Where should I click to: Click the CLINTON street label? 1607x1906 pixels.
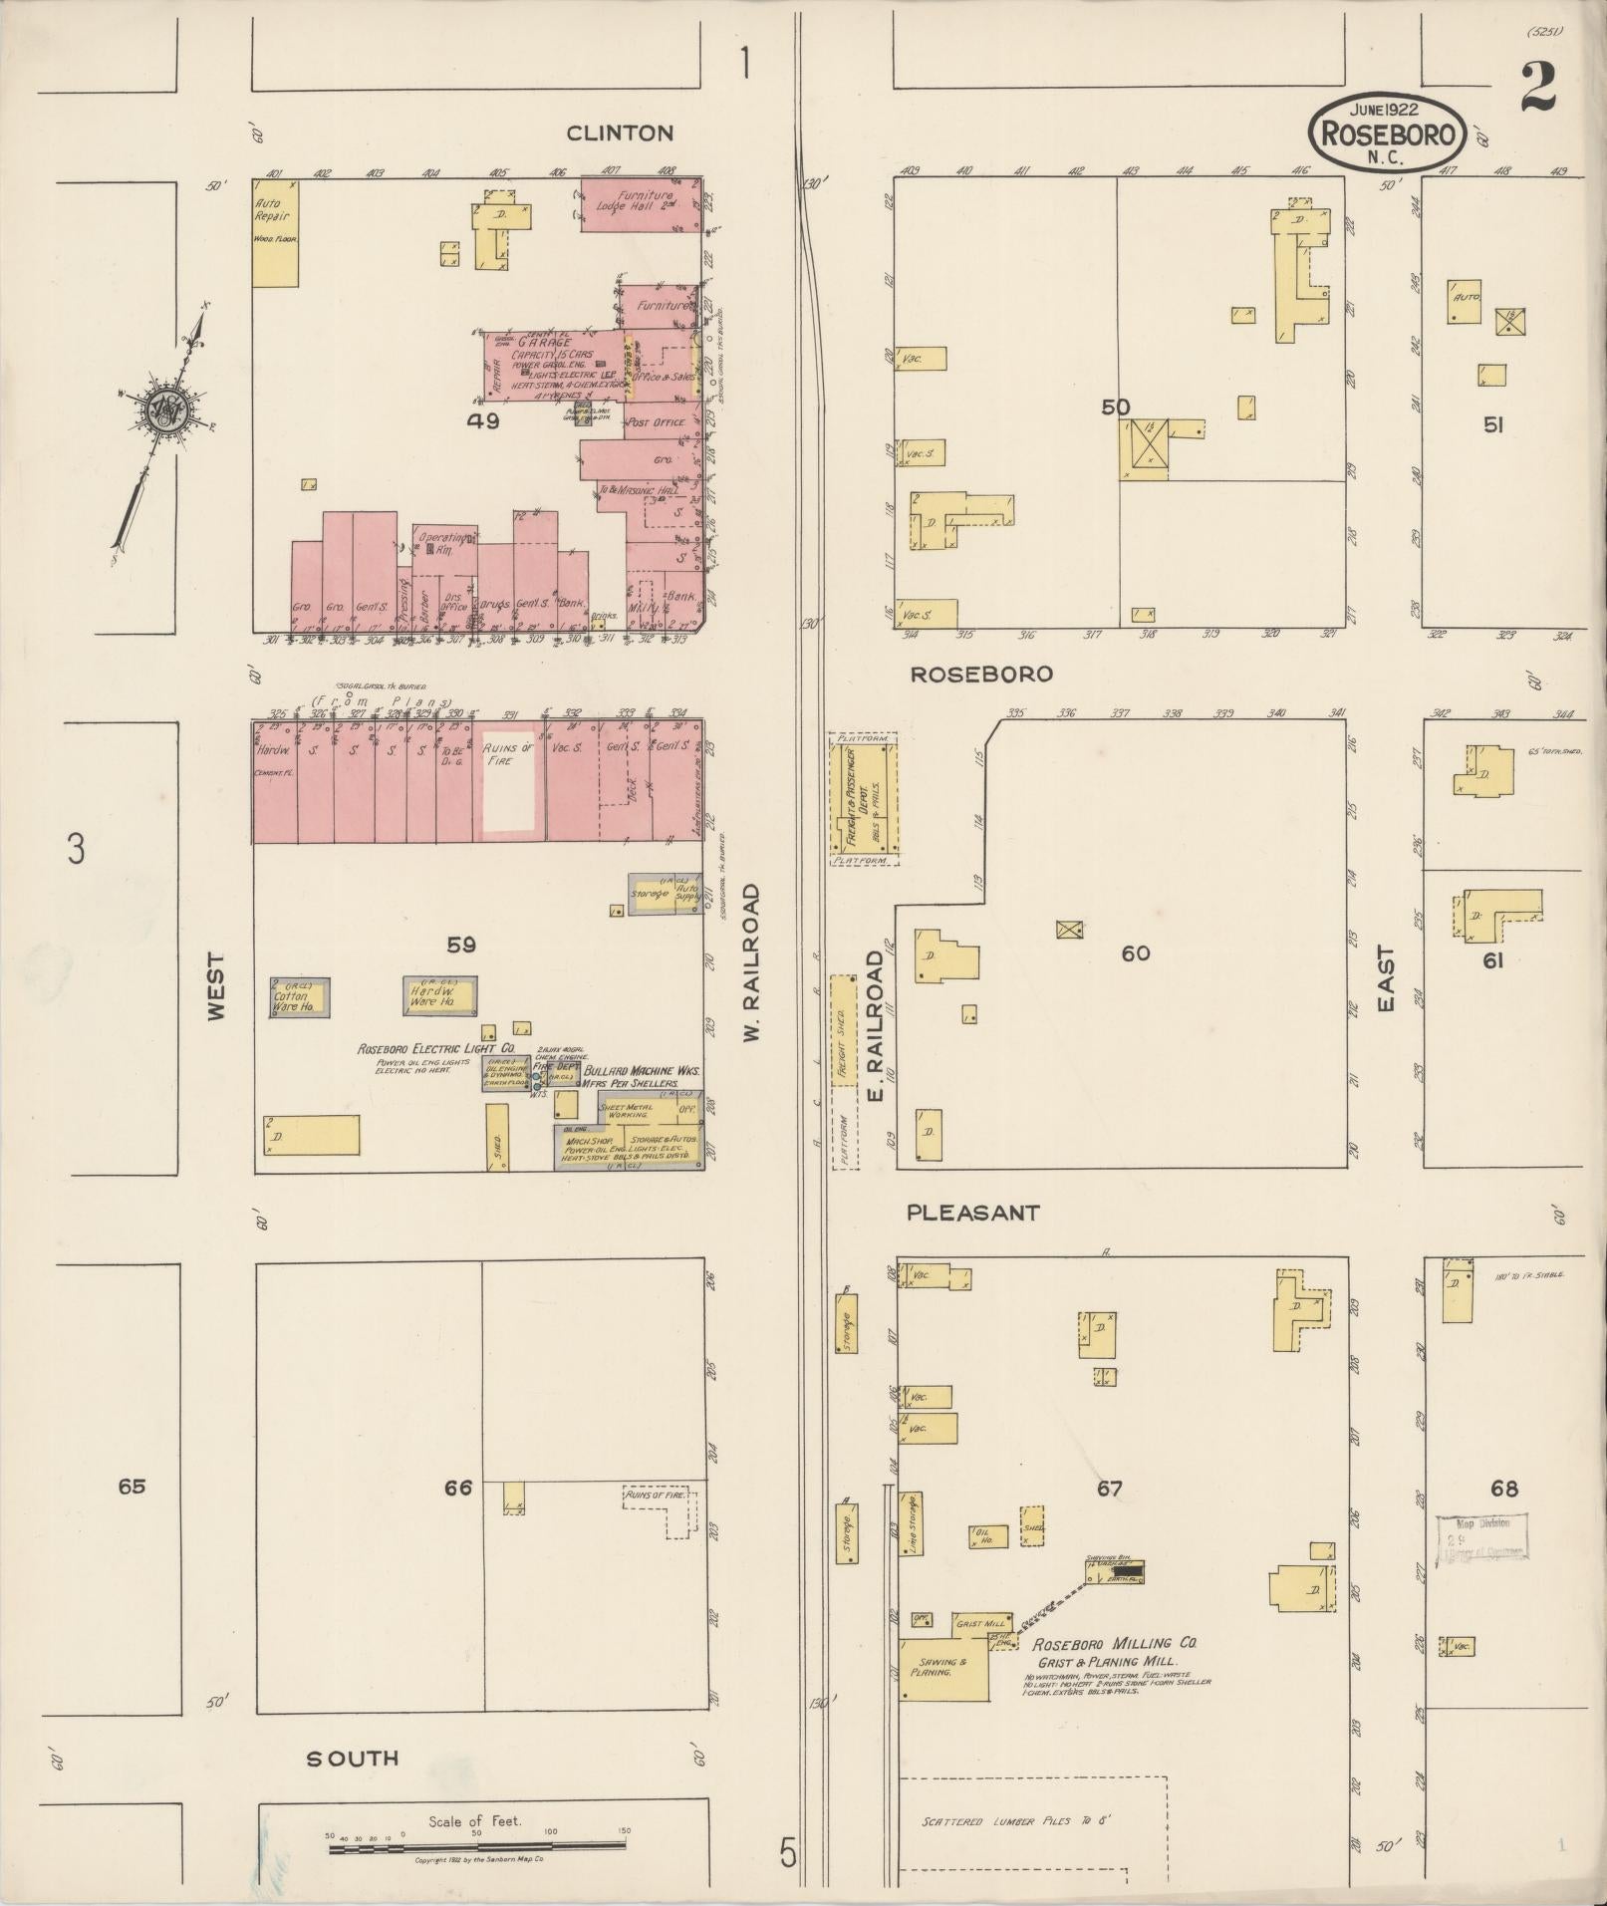(620, 133)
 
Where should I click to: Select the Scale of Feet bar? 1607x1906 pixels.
(476, 1847)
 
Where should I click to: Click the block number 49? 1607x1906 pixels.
(483, 420)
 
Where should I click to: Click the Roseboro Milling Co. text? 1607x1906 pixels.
(1113, 1644)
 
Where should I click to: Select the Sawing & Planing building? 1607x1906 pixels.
(941, 1668)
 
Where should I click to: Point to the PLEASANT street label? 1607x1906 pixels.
(972, 1213)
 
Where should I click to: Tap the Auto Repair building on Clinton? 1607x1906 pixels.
(274, 233)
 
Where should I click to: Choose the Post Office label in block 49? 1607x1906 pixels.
(655, 422)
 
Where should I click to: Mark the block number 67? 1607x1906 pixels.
(1109, 1489)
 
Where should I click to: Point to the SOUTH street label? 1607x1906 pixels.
(352, 1758)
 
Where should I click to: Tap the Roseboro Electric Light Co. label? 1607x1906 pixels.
(435, 1049)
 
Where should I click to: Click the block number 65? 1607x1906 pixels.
(131, 1487)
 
